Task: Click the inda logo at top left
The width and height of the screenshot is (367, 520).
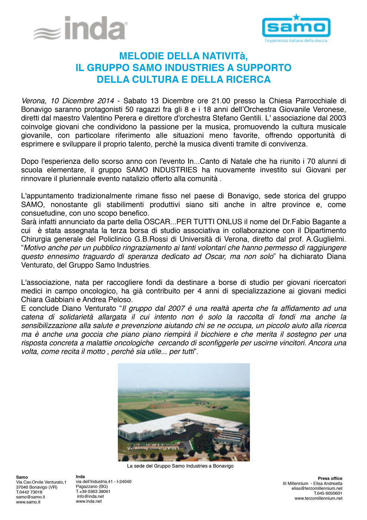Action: pyautogui.click(x=81, y=28)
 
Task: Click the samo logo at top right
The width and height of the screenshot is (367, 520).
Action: pyautogui.click(x=296, y=27)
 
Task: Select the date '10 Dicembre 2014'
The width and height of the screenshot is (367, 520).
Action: pyautogui.click(x=82, y=101)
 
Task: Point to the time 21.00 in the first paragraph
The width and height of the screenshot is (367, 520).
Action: pyautogui.click(x=221, y=101)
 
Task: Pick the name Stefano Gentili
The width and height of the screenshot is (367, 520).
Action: pyautogui.click(x=237, y=118)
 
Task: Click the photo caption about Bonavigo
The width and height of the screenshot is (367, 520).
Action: pyautogui.click(x=180, y=466)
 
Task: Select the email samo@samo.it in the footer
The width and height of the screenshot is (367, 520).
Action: pyautogui.click(x=30, y=497)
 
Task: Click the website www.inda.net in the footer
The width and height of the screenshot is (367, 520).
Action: pyautogui.click(x=89, y=501)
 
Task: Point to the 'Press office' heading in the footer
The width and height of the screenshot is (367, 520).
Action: pyautogui.click(x=330, y=478)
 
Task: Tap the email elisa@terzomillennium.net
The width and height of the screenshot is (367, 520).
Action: pyautogui.click(x=317, y=488)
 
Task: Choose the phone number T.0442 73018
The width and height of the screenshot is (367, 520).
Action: pyautogui.click(x=29, y=492)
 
